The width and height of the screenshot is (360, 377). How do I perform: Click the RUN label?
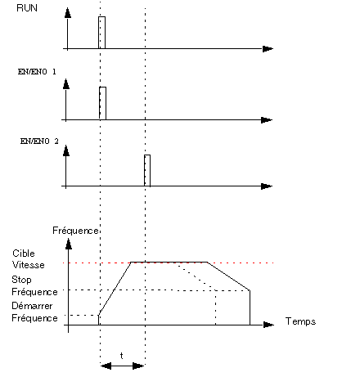click(27, 8)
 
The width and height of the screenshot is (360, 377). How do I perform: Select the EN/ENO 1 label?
click(37, 72)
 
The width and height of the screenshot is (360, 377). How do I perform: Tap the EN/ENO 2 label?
click(39, 141)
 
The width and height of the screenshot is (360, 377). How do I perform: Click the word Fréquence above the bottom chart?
click(75, 231)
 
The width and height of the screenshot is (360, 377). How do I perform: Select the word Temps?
click(300, 321)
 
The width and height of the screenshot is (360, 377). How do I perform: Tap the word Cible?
click(24, 254)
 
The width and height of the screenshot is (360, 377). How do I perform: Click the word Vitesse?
click(29, 265)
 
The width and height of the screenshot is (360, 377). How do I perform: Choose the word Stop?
click(21, 280)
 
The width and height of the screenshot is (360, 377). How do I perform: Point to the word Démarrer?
click(32, 306)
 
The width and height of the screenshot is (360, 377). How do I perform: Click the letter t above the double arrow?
click(122, 356)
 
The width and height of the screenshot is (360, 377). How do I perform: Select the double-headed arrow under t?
click(122, 366)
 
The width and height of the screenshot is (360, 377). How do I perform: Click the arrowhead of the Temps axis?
click(268, 325)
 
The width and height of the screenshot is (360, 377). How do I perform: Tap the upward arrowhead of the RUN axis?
click(68, 13)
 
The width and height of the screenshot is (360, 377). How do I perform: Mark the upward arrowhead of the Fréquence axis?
click(69, 244)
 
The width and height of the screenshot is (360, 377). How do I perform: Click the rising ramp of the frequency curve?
click(115, 289)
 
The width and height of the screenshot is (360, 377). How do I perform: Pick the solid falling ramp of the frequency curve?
click(228, 276)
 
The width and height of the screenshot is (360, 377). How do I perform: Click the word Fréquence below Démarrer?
click(34, 318)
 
